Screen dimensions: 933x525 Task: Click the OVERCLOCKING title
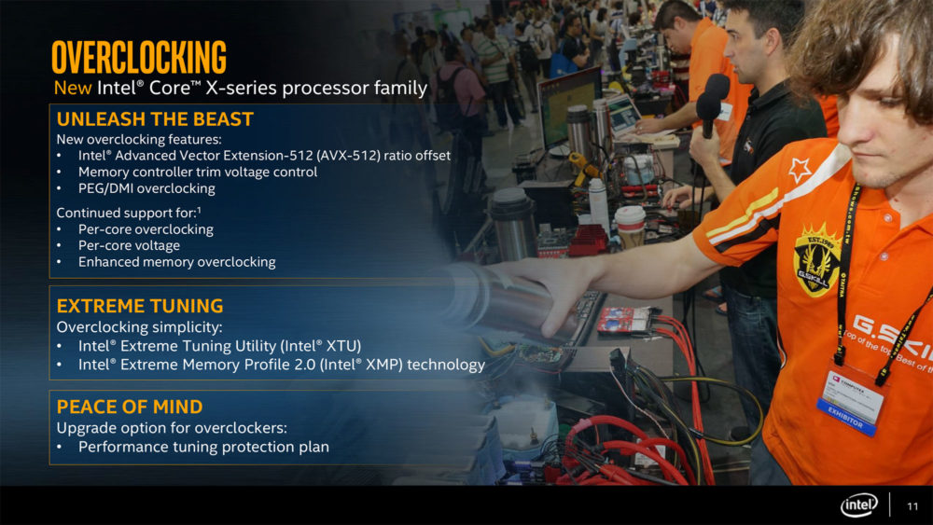(139, 57)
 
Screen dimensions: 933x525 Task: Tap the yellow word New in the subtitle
(73, 88)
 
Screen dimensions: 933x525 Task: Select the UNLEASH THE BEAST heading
(155, 119)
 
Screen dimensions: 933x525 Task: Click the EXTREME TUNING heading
(140, 306)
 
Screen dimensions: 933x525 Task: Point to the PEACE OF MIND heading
(130, 407)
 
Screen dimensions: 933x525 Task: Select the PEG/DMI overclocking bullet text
(147, 188)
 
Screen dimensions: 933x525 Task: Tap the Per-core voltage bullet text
(129, 245)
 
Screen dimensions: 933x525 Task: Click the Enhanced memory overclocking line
(176, 262)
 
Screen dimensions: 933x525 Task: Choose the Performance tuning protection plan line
(203, 447)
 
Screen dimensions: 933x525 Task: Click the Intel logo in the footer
(858, 505)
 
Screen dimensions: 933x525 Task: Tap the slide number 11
(912, 506)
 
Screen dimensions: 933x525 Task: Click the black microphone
(711, 105)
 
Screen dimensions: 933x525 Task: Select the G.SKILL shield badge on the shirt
(817, 259)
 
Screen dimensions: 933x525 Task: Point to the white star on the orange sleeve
(800, 171)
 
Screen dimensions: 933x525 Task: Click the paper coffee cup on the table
(630, 226)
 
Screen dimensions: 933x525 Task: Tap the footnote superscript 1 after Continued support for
(199, 209)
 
